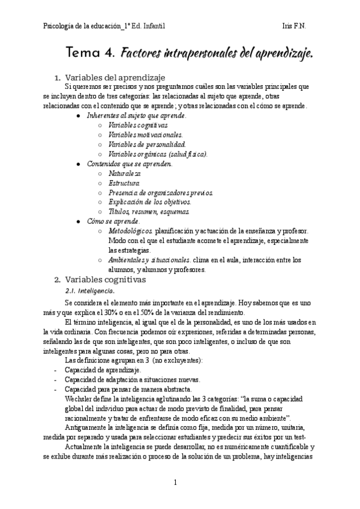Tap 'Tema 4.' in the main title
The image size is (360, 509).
click(91, 54)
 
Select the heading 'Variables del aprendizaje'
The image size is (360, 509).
click(111, 77)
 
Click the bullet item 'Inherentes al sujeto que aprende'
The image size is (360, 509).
click(136, 115)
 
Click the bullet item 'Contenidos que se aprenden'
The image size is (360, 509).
click(130, 163)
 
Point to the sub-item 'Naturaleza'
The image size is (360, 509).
click(125, 173)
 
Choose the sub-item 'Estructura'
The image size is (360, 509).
click(124, 182)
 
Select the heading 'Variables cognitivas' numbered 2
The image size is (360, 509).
click(105, 279)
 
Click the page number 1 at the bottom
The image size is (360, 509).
click(175, 482)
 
